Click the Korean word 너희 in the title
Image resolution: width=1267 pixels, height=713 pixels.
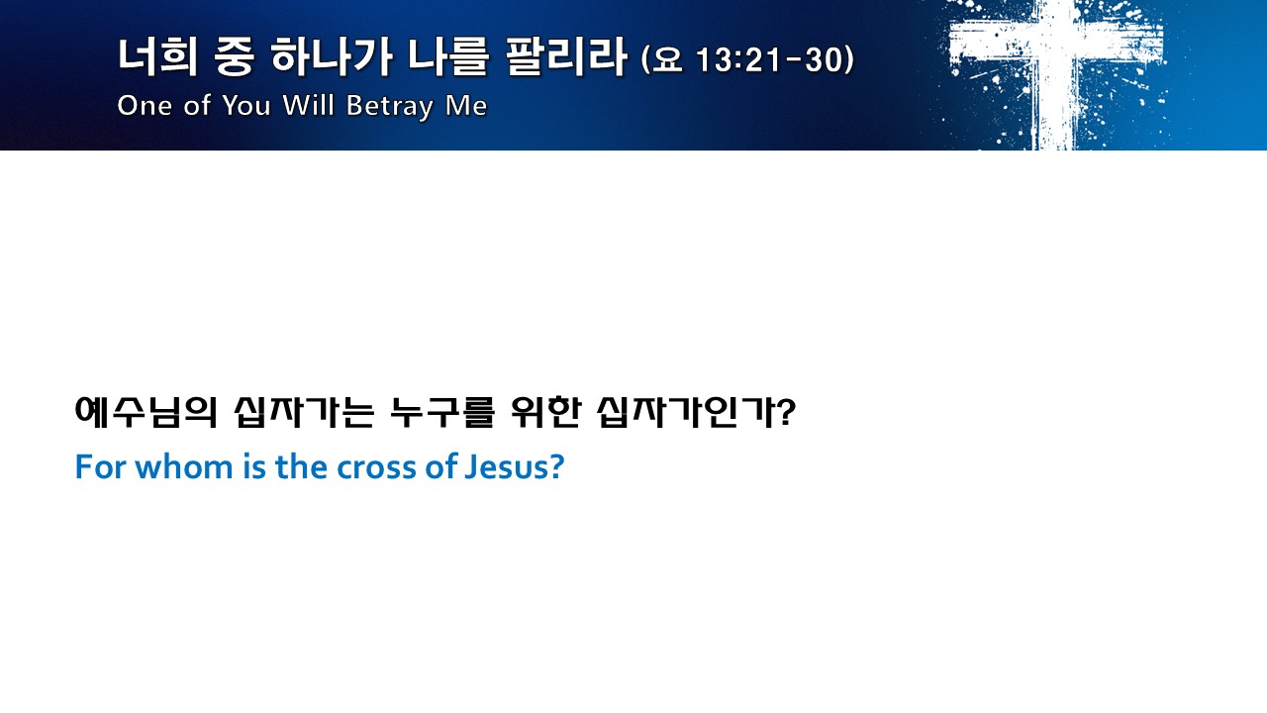157,56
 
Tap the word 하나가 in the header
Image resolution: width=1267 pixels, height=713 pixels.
331,56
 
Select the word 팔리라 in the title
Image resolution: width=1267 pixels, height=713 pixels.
565,56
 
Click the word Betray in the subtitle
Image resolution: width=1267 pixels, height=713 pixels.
390,106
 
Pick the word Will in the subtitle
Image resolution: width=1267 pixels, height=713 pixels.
308,105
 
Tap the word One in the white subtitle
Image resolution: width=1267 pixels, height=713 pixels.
145,105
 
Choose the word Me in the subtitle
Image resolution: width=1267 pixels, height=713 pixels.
466,105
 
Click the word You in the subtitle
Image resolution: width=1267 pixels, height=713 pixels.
246,105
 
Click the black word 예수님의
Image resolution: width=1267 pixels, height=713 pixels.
146,412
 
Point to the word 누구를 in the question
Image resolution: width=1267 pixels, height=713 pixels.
442,412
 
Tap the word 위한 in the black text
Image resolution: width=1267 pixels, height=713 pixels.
545,412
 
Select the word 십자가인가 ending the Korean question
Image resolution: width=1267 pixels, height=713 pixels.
688,412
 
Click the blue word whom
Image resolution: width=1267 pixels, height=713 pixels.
184,467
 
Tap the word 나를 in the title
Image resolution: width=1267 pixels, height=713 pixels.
448,56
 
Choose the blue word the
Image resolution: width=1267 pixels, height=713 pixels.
301,467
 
